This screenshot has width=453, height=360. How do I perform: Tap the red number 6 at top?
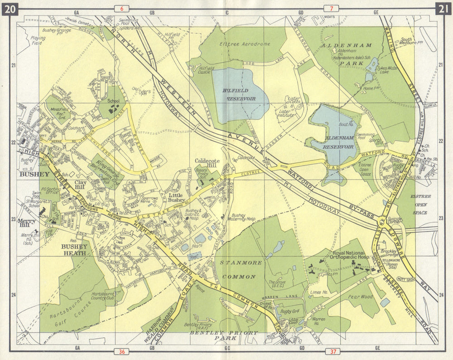tap(122, 8)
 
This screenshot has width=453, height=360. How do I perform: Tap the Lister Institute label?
tap(286, 113)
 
